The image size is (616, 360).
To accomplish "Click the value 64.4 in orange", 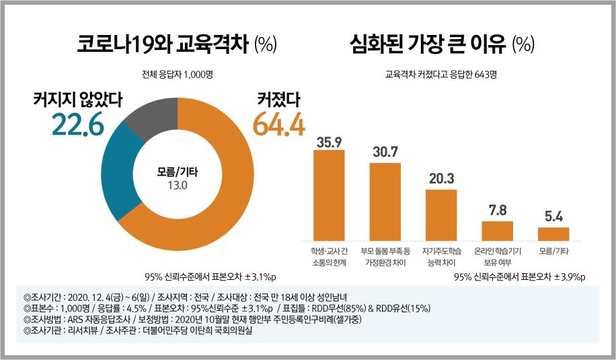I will pos(278,125).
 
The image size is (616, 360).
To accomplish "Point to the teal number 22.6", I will pos(77,124).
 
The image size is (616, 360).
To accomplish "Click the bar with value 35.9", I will pos(329,195).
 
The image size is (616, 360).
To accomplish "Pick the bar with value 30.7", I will pos(385,202).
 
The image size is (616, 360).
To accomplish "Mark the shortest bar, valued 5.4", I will pos(553,233).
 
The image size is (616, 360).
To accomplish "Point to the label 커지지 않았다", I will pos(77,100).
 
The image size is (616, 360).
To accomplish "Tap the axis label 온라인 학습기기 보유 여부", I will pos(497,256).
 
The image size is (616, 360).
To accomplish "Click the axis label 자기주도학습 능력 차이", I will pos(441,256).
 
